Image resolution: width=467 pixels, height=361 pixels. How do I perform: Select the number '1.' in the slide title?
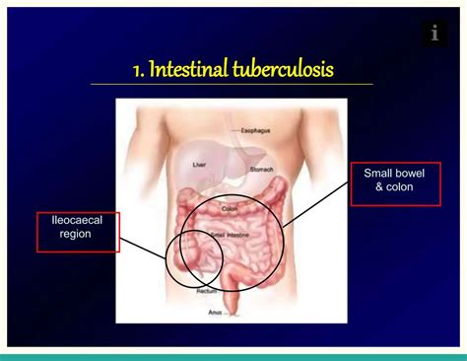(x=139, y=70)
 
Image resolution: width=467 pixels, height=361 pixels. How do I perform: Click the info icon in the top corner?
(x=434, y=34)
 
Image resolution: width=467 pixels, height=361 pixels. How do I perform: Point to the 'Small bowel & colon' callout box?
(x=394, y=184)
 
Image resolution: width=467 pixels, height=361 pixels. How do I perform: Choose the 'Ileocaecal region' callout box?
(x=78, y=232)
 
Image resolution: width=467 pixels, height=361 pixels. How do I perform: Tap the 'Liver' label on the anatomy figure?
(x=199, y=165)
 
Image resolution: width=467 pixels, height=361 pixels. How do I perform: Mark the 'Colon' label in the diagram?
(x=230, y=208)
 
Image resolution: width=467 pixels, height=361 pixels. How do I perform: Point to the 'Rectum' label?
(x=207, y=291)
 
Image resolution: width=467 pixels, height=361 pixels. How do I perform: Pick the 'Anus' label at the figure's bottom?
(x=215, y=312)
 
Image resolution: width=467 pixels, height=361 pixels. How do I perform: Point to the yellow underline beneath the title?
(x=232, y=85)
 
